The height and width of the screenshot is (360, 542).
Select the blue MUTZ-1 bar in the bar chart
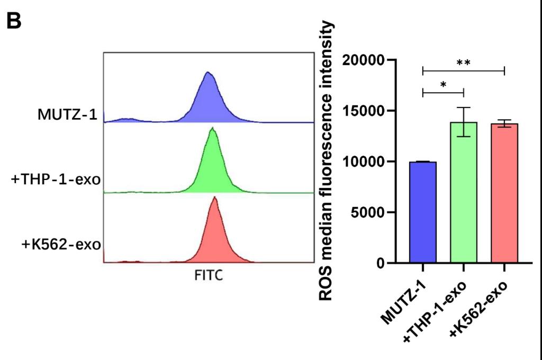pyautogui.click(x=423, y=212)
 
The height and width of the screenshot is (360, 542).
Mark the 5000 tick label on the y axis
pyautogui.click(x=367, y=213)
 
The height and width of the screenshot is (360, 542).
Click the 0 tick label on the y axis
pyautogui.click(x=379, y=264)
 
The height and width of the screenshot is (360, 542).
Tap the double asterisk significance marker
pyautogui.click(x=464, y=62)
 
